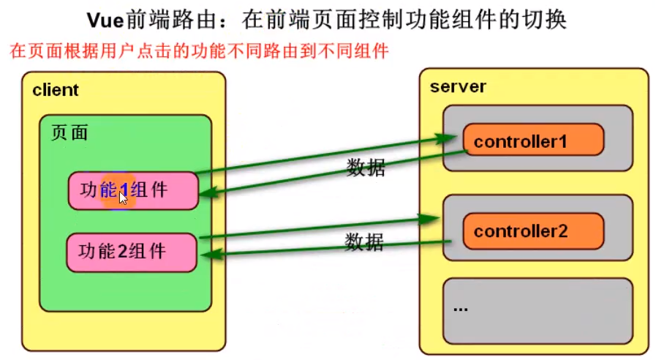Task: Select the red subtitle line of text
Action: pyautogui.click(x=198, y=52)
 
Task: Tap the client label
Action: pyautogui.click(x=56, y=91)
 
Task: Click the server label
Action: pyautogui.click(x=458, y=87)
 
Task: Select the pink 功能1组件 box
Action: pyautogui.click(x=133, y=191)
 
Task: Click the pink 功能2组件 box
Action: pyautogui.click(x=132, y=252)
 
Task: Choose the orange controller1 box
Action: pyautogui.click(x=533, y=140)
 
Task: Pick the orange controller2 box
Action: pyautogui.click(x=533, y=231)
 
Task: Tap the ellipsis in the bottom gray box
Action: pyautogui.click(x=460, y=308)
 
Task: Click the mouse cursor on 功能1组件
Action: pyautogui.click(x=123, y=197)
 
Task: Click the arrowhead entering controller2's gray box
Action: pyautogui.click(x=431, y=217)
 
